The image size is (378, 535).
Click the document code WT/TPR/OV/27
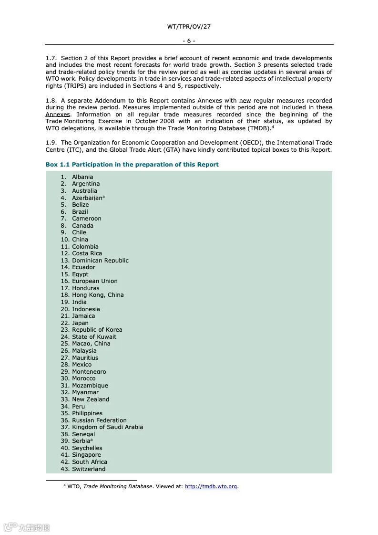189,27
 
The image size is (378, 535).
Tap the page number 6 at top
189,41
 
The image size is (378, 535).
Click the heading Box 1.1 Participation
132,165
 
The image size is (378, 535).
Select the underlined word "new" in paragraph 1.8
245,101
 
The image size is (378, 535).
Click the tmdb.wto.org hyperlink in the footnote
211,487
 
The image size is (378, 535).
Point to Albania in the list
82,177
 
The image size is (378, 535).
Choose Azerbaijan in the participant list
88,198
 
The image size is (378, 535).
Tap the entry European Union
94,281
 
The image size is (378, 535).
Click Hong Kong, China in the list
98,295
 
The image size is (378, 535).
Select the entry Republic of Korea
97,330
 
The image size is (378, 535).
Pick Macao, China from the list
91,344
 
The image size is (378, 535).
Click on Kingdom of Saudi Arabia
107,427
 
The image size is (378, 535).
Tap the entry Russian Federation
99,420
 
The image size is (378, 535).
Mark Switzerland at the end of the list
89,469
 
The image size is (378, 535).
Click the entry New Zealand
91,399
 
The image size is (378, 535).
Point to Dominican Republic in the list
100,261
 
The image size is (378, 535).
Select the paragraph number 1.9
51,143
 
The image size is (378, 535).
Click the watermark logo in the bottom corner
26,527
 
